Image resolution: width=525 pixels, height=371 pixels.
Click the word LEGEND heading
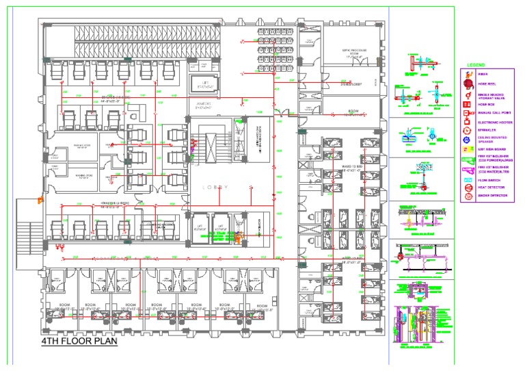click(476, 65)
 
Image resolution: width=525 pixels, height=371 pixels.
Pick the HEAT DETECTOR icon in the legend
click(468, 187)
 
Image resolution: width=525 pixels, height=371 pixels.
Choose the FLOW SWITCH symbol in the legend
click(468, 178)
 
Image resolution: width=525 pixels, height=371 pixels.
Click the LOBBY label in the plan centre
click(213, 188)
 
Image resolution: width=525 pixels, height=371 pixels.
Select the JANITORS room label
click(198, 105)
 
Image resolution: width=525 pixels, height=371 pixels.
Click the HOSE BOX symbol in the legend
click(468, 103)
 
